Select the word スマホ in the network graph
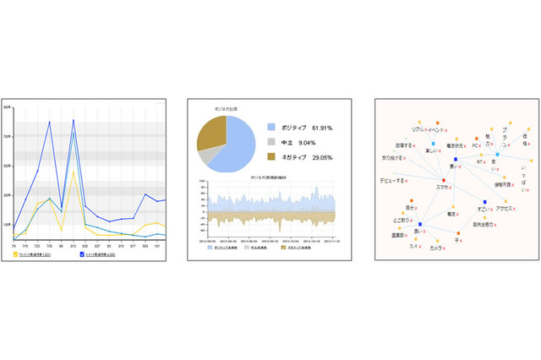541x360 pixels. tap(446, 187)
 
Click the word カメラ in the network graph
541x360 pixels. tap(437, 248)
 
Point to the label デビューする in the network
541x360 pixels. tap(397, 180)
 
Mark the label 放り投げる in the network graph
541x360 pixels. tap(396, 158)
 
